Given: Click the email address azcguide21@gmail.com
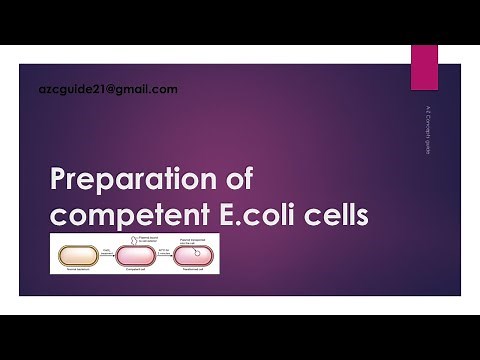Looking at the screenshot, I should pos(106,89).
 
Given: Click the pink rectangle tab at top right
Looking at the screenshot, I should pos(424,64).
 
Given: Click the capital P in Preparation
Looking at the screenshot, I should pos(59,181).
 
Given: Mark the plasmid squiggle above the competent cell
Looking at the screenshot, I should pos(139,240).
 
